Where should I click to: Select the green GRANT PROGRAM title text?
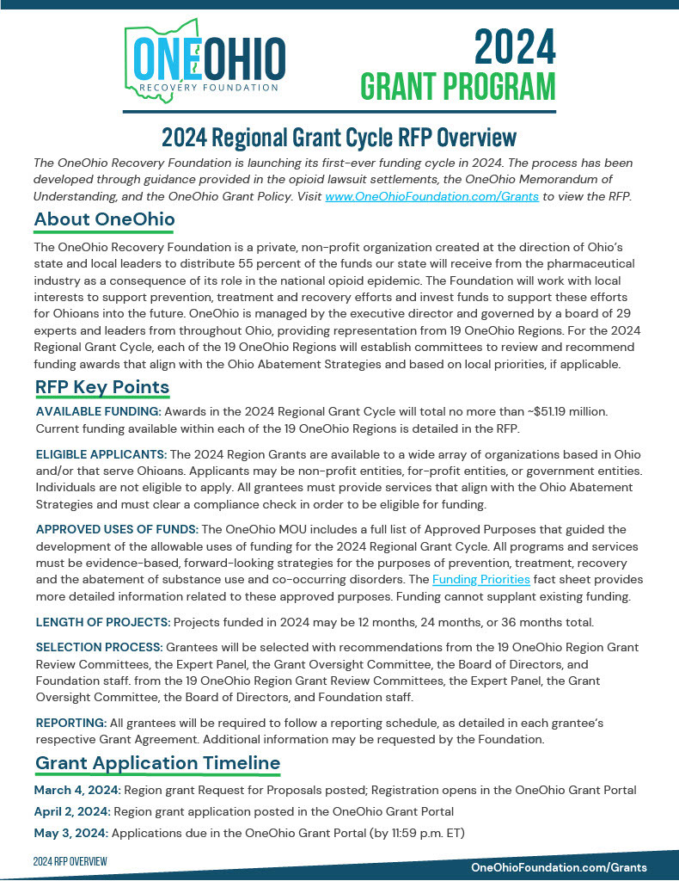(457, 88)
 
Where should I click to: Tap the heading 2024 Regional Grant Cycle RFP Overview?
(339, 138)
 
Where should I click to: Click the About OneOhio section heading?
(104, 220)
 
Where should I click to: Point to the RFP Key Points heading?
(102, 387)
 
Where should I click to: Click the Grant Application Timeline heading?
(157, 763)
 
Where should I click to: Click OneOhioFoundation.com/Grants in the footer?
(559, 867)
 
